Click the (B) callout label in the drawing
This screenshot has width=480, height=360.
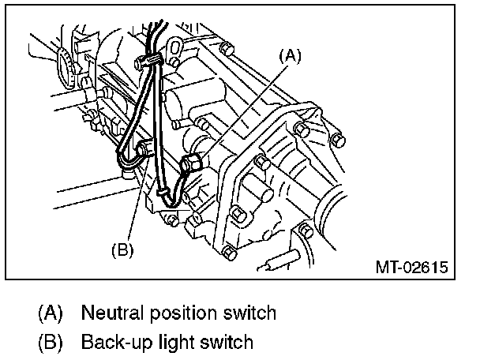[122, 250]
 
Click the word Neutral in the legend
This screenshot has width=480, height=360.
[111, 313]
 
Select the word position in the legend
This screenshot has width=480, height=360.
[184, 313]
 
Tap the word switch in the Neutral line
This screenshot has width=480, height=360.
[251, 313]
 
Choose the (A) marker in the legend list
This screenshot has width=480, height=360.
[50, 313]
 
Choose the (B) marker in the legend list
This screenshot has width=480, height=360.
[50, 342]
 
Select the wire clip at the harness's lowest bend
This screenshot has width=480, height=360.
[163, 190]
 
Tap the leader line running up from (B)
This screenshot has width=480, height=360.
[133, 197]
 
